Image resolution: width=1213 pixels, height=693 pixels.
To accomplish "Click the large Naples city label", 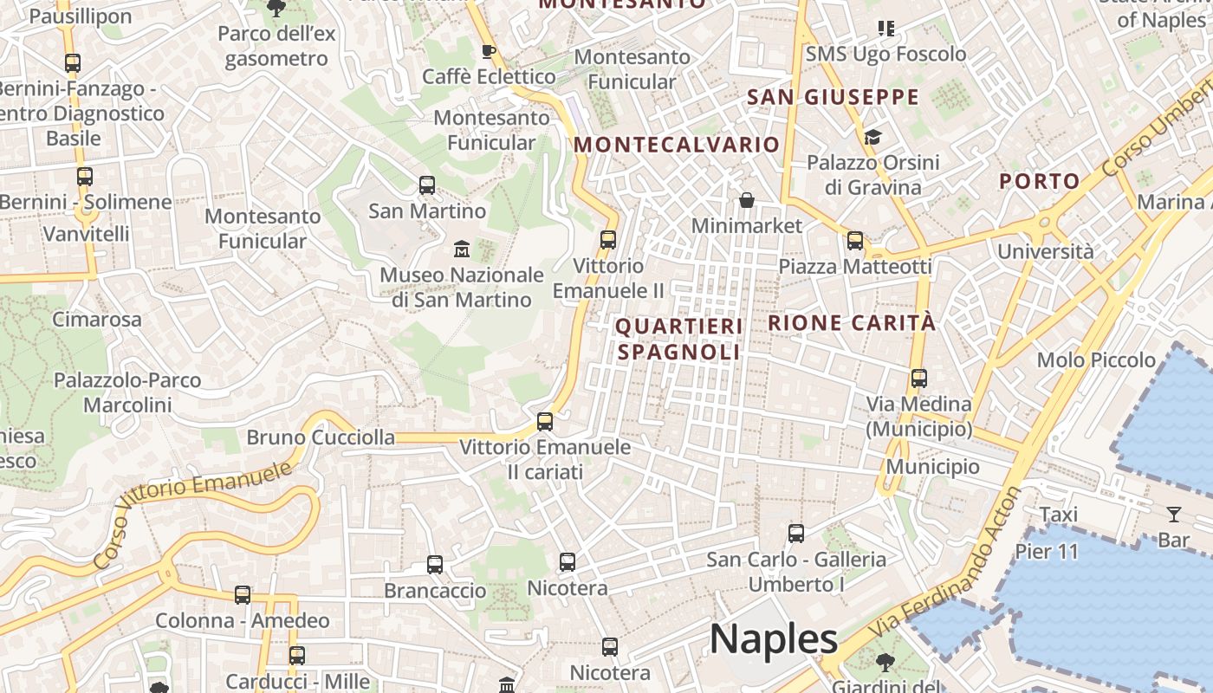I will pos(774,639).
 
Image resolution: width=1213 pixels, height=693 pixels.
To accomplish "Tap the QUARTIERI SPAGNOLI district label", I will pos(679,339).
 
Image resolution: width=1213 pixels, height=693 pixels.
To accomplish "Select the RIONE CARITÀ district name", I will pos(852,323).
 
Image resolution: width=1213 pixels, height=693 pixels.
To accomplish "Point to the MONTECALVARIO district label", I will pos(677,145).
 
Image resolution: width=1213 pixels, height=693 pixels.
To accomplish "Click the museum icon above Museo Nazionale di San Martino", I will pos(462,249).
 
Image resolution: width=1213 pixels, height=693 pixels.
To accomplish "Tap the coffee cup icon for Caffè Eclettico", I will pos(489,51).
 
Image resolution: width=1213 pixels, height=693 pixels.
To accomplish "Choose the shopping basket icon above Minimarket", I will pos(747,201).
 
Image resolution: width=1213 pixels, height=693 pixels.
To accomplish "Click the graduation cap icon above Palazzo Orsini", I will pos(872,137).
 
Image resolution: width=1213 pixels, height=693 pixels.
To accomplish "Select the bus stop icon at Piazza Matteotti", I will pos(855,241).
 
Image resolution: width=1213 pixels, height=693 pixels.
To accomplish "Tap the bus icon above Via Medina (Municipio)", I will pos(919,379).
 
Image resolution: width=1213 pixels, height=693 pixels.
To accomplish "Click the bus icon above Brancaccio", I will pos(435,565).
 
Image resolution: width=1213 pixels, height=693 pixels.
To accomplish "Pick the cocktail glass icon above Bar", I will pos(1174,515).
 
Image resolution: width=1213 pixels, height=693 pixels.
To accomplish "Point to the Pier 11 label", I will pos(1047,551).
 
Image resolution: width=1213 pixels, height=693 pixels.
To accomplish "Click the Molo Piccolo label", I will pos(1096,359).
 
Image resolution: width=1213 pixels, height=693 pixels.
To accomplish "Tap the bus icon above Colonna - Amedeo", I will pos(243,595).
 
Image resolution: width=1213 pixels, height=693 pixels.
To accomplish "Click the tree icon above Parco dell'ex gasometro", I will pos(276,9).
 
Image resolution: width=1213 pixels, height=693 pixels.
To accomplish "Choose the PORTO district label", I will pos(1039,181).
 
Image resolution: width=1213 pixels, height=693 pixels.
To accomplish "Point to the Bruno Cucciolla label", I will pos(321,437).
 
